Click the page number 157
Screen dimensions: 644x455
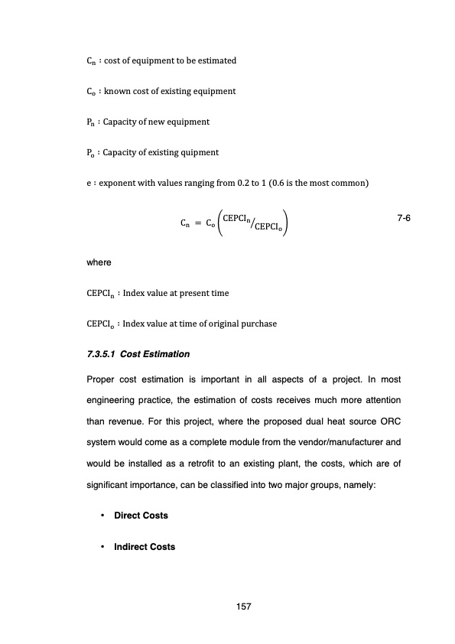pos(245,607)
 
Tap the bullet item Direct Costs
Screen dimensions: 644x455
pos(141,516)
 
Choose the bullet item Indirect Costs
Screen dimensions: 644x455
pos(145,547)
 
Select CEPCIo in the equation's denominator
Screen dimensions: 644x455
pos(271,228)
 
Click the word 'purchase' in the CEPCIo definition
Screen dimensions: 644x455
pos(257,324)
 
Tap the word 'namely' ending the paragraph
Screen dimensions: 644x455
pos(394,484)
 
